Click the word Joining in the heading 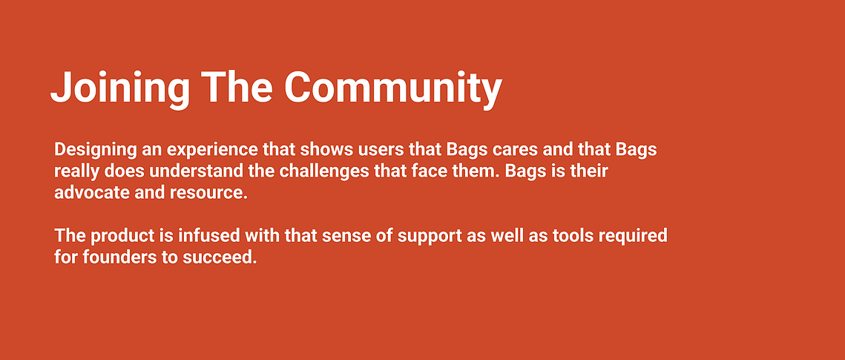pos(120,88)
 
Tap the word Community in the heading pos(393,88)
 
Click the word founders pos(114,257)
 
